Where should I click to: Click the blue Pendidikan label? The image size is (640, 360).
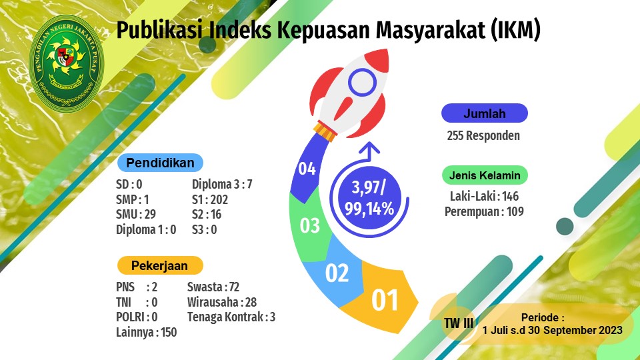tap(160, 163)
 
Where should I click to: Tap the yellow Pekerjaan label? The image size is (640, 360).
tap(160, 266)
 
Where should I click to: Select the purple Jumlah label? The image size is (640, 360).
tap(485, 113)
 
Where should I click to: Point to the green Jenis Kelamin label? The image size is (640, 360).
tap(485, 175)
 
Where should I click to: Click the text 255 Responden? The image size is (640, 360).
tap(483, 135)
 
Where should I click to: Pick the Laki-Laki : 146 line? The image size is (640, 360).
tap(484, 196)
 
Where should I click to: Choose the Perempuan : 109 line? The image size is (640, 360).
tap(484, 212)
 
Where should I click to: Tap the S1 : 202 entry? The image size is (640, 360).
tap(210, 199)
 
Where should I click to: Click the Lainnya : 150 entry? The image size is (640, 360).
tap(146, 332)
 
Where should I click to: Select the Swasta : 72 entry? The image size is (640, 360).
tap(213, 287)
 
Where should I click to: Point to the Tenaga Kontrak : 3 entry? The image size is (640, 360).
tap(231, 317)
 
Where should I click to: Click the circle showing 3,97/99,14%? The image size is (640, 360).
tap(369, 198)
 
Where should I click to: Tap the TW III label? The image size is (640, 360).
tap(459, 323)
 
